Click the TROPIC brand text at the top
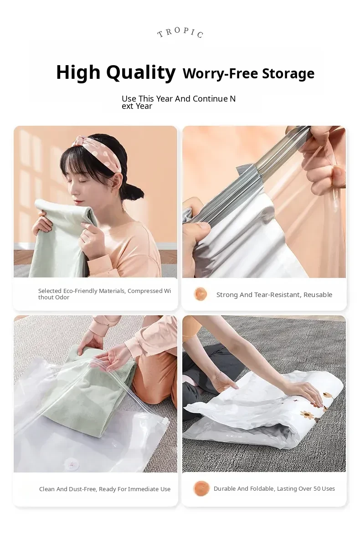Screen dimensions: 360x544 point(180,32)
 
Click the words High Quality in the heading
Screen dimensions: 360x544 point(116,72)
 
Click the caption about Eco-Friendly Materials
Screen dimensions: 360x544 point(104,294)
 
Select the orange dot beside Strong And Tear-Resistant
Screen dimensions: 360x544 point(201,294)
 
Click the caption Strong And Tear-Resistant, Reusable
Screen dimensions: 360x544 point(274,294)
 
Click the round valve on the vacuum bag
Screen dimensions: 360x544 point(72,463)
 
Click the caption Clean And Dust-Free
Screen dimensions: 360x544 point(105,489)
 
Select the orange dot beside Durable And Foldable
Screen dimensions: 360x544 point(201,488)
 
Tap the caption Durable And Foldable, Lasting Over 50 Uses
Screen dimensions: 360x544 point(274,488)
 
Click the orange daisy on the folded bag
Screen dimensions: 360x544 point(307,414)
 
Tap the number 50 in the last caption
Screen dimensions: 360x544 point(317,488)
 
